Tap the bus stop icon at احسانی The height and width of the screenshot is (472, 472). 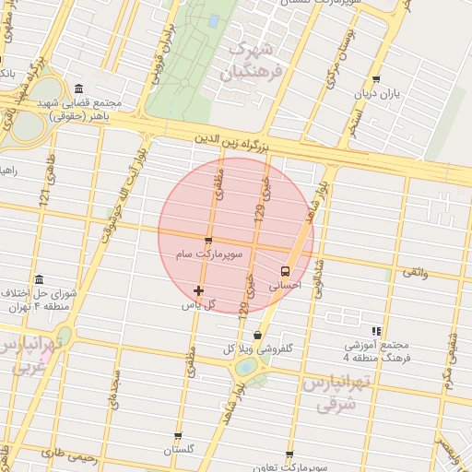click(284, 271)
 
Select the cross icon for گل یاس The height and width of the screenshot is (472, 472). click(198, 291)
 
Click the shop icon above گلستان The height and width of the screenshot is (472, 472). click(178, 437)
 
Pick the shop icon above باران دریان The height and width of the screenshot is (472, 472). click(375, 79)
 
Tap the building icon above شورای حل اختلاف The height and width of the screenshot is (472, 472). click(39, 279)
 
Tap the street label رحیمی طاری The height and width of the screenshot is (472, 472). click(63, 453)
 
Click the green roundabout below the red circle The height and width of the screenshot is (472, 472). click(246, 367)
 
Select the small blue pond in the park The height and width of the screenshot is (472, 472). click(214, 19)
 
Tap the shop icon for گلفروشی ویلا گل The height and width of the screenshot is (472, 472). click(257, 336)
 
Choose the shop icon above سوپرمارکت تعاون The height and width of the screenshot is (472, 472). click(289, 455)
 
